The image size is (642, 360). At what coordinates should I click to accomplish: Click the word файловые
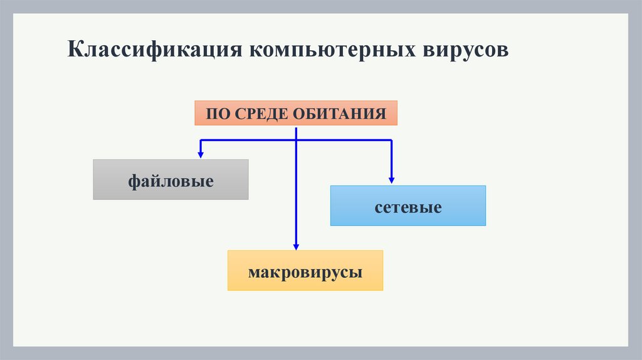point(171,182)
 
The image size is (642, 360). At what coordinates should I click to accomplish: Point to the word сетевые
point(408,207)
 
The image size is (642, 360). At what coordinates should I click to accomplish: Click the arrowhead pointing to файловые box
point(201,152)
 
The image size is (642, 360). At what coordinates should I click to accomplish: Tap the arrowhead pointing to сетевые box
point(392,179)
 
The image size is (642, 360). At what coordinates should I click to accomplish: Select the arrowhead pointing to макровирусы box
point(296,246)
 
